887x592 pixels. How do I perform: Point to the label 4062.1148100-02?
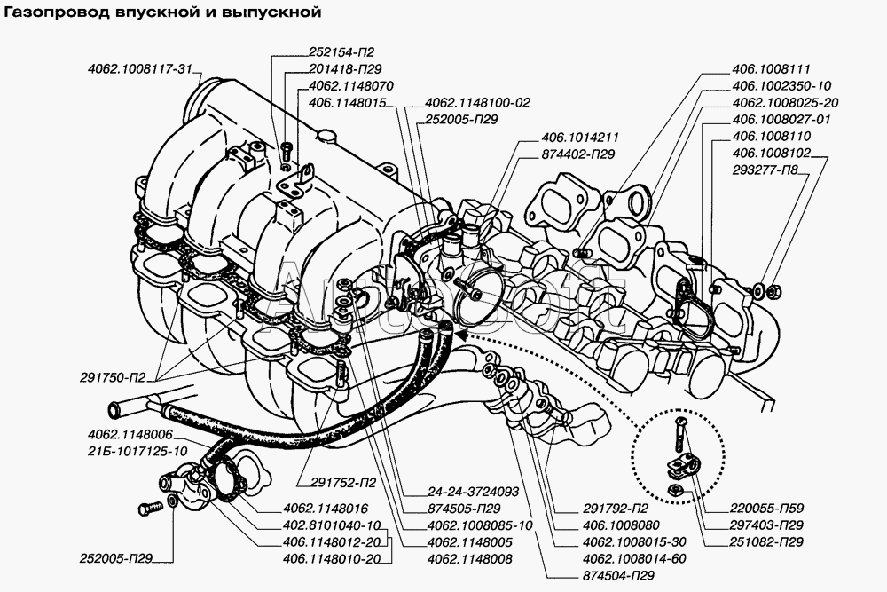pyautogui.click(x=477, y=103)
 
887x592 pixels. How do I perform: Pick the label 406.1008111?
pyautogui.click(x=772, y=68)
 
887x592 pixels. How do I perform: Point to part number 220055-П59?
pyautogui.click(x=768, y=509)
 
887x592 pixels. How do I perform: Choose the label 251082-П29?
pyautogui.click(x=768, y=541)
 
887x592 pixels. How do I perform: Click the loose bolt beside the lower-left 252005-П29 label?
pyautogui.click(x=147, y=509)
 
